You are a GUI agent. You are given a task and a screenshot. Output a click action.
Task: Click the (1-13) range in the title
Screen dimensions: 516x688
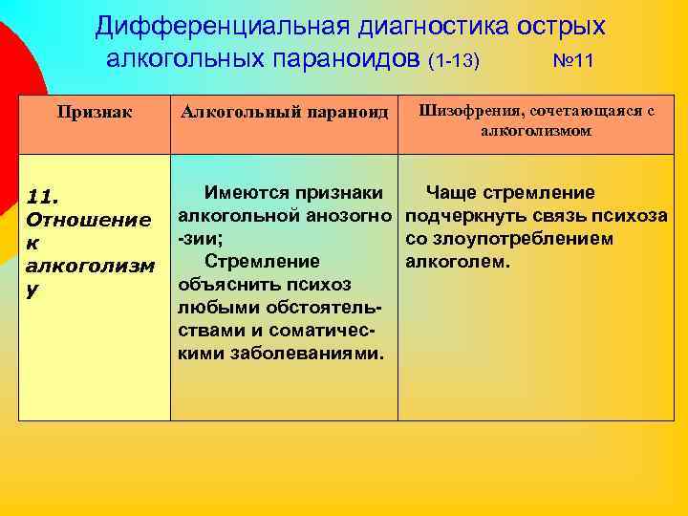pos(455,61)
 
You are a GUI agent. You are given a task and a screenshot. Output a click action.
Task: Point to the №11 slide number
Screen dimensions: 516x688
pos(573,61)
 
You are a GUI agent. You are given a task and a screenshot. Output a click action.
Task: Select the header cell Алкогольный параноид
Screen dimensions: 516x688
pos(285,113)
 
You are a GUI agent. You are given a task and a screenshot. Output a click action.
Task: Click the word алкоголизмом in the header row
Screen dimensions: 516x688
pos(535,131)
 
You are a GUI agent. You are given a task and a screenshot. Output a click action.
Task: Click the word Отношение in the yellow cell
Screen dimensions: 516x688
pos(86,220)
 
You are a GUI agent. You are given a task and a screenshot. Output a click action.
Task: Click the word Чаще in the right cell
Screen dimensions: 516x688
pos(452,192)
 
